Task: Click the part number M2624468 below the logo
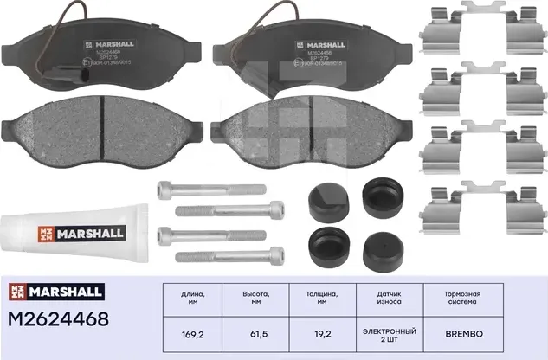pos(59,319)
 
